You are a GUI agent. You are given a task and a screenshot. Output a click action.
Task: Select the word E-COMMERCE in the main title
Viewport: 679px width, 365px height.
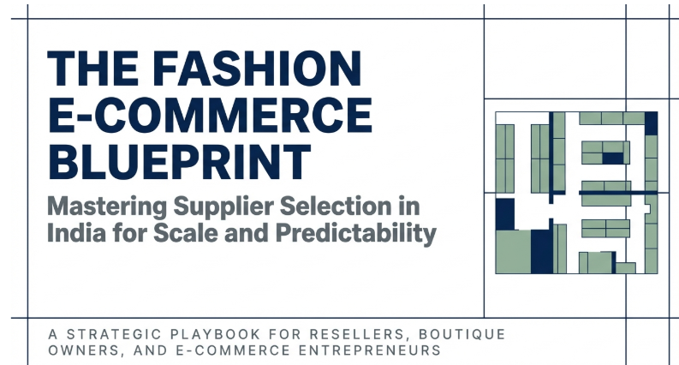pyautogui.click(x=210, y=115)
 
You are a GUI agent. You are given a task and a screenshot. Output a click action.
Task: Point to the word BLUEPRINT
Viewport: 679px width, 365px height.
pyautogui.click(x=179, y=160)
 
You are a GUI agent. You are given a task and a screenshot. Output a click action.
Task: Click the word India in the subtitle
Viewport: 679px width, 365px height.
pyautogui.click(x=74, y=233)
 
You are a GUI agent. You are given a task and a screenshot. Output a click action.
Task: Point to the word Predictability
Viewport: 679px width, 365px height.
pyautogui.click(x=351, y=233)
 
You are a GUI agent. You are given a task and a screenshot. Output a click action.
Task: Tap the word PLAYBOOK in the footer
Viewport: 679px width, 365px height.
pyautogui.click(x=215, y=333)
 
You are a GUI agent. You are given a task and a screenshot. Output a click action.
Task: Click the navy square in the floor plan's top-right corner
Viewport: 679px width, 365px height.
pyautogui.click(x=652, y=123)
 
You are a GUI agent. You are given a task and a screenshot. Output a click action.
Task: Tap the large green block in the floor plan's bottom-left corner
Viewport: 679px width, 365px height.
pyautogui.click(x=514, y=252)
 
